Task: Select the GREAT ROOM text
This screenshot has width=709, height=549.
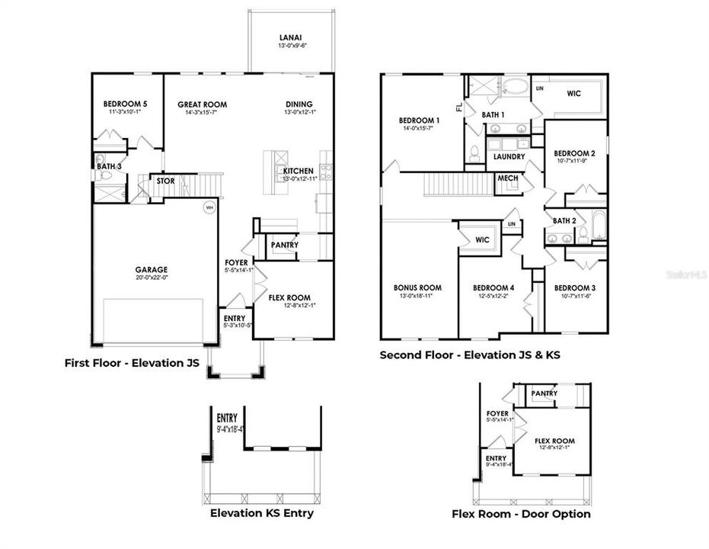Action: (202, 104)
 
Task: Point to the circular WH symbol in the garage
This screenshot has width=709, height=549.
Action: (209, 207)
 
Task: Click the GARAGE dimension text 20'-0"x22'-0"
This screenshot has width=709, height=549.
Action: (152, 278)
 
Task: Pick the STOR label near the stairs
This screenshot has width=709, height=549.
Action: (165, 181)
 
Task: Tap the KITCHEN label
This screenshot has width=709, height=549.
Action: (298, 171)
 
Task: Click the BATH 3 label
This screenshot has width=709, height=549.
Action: (106, 165)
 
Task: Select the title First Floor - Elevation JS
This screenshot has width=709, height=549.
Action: (133, 364)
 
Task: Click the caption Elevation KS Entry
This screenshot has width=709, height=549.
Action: (262, 513)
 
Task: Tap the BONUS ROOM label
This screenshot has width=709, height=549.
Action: (417, 287)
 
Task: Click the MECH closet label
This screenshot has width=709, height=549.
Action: (507, 178)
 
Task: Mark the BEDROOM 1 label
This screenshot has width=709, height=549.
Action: (419, 120)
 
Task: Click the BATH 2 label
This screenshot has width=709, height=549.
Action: (564, 220)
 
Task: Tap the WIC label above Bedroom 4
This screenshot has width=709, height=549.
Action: (482, 240)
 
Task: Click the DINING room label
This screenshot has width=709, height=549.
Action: (299, 104)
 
